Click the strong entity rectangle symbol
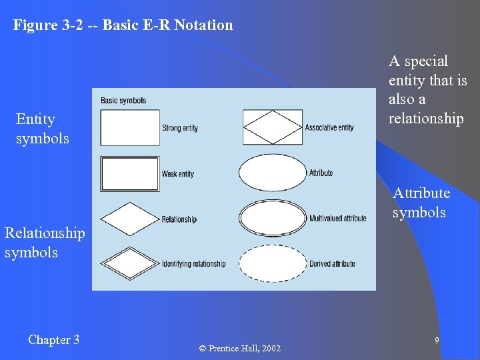click(130, 127)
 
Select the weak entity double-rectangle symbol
click(130, 173)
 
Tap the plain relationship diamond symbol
click(130, 219)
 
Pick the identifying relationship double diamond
click(130, 263)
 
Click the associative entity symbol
click(272, 127)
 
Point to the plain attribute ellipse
click(272, 173)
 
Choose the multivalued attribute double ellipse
click(272, 218)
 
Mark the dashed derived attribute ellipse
click(272, 263)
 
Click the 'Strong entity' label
click(180, 128)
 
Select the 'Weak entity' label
click(178, 174)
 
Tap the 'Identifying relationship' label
click(194, 264)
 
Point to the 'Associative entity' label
click(329, 127)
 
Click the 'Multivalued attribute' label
click(338, 218)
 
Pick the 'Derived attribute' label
click(332, 264)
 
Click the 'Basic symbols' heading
click(123, 101)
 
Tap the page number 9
click(437, 341)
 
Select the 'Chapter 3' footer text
click(54, 340)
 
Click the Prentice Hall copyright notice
click(240, 349)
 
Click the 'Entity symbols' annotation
click(43, 129)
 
